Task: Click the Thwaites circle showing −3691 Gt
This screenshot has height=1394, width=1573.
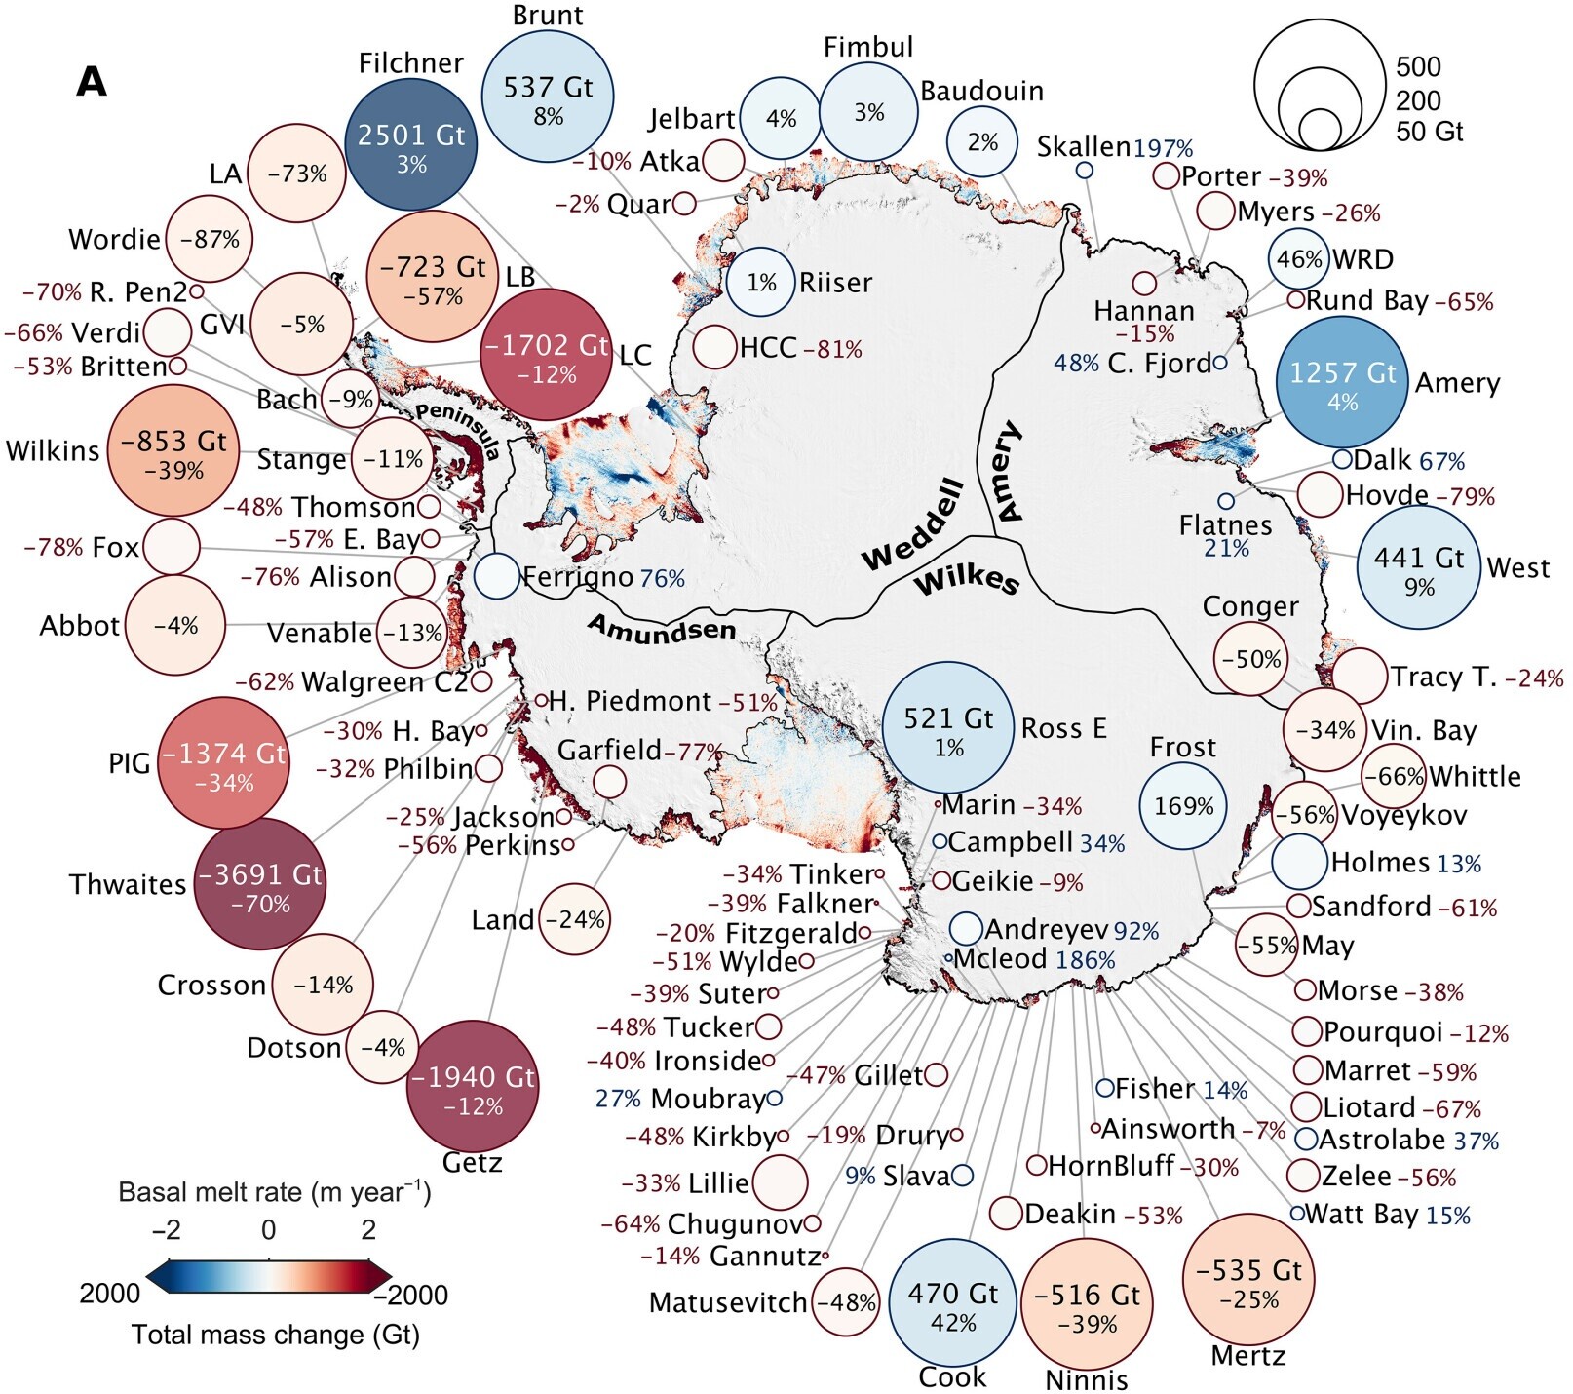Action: coord(260,884)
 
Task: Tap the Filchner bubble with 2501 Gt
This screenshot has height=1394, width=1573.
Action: coord(411,144)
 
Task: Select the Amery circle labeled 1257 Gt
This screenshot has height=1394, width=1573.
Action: coord(1342,381)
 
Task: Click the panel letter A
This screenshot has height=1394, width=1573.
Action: coord(92,82)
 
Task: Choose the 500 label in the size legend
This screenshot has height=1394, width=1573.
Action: coord(1418,66)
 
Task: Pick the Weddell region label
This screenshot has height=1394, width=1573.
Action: coord(913,524)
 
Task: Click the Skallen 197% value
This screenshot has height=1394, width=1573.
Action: coord(1164,148)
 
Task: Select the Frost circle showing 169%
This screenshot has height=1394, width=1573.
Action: coord(1184,806)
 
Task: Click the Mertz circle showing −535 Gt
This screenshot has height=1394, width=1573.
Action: coord(1247,1280)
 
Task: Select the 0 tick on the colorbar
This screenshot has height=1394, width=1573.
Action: coord(268,1230)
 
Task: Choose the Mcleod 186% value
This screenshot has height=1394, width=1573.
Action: coord(1085,960)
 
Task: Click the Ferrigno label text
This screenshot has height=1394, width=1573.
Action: coord(578,577)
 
